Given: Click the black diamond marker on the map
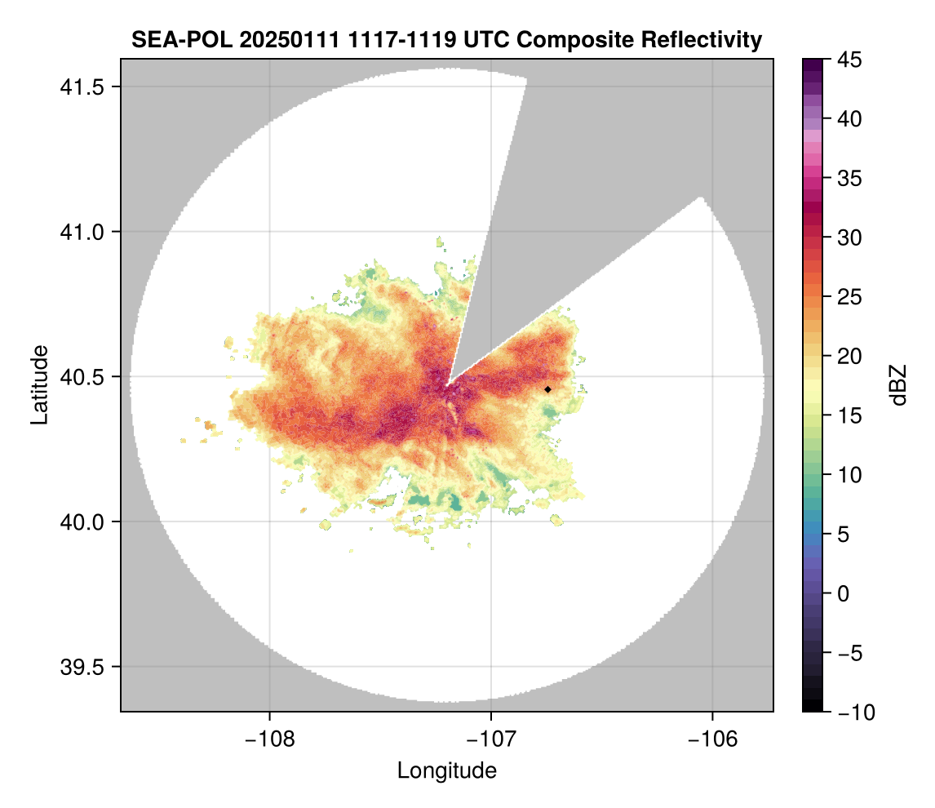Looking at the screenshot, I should point(548,389).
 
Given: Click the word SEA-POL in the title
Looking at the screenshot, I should point(179,39).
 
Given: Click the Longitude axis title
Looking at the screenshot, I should point(446,770).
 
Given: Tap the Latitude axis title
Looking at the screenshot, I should point(39,384).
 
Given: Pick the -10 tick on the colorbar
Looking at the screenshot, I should point(853,713).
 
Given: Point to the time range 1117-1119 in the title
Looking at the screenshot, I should point(391,39).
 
